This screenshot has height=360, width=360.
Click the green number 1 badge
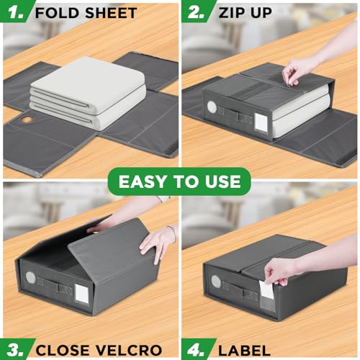15,12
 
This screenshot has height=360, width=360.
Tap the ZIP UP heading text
244,12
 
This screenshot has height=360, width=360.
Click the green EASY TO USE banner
180,181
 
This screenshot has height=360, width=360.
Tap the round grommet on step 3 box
30,277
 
